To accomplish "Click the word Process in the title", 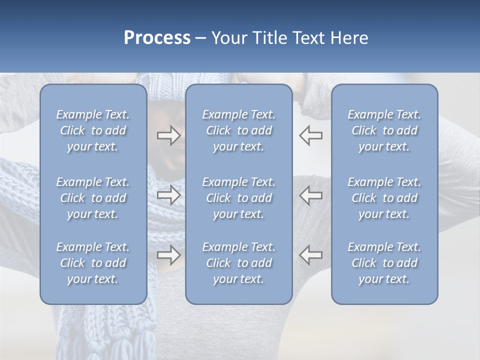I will coord(157,38).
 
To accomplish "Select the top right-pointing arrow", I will coord(168,135).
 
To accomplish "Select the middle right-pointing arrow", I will coord(168,195).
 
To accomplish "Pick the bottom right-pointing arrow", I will coord(168,255).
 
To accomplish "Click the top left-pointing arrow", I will coord(311,135).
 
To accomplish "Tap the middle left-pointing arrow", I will coord(311,195).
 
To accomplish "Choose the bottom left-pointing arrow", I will coord(311,255).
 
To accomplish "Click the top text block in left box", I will coord(93,130).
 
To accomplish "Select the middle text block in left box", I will coord(93,198).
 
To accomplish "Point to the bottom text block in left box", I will coord(93,263).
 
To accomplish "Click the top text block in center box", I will coord(238,130).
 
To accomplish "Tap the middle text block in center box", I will coord(238,198).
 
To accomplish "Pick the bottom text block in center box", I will coord(238,263).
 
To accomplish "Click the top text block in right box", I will coord(384,130).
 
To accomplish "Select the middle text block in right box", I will coord(384,198).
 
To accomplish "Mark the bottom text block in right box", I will coord(384,263).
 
